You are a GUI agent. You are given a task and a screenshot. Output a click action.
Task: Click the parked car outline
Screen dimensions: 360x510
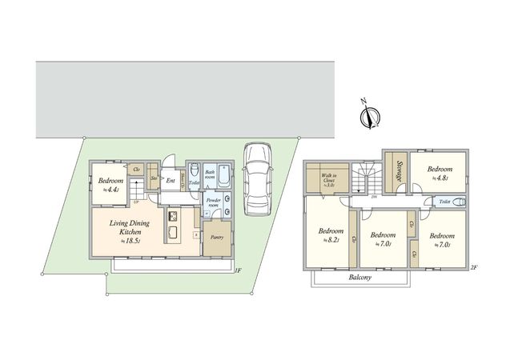point(258,180)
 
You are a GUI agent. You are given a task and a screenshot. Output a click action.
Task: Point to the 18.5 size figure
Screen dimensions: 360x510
point(131,240)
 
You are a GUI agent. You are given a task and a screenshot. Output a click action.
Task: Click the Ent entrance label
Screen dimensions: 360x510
point(171,181)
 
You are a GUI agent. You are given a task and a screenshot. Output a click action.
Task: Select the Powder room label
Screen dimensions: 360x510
point(213,202)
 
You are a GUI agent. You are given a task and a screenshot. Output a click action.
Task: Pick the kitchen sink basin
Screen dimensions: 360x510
point(172,233)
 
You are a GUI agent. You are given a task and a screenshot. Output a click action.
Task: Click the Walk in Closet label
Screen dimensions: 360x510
point(327,180)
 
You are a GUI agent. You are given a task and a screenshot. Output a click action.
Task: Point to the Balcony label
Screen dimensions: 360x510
point(360,277)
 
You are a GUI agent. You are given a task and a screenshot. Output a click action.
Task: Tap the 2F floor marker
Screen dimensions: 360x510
point(473,267)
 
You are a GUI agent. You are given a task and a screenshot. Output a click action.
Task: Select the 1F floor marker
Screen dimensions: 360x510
point(238,270)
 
